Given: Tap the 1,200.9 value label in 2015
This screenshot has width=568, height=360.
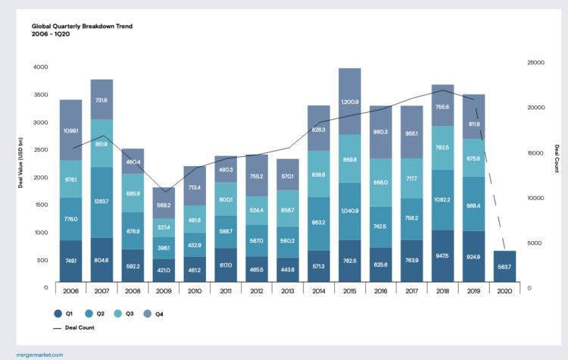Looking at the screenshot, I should point(350,102).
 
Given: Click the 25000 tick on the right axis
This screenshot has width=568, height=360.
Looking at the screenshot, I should point(536,64).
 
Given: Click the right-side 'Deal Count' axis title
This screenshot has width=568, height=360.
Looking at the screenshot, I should point(555,159).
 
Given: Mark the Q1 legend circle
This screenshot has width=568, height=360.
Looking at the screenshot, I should point(58,313).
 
